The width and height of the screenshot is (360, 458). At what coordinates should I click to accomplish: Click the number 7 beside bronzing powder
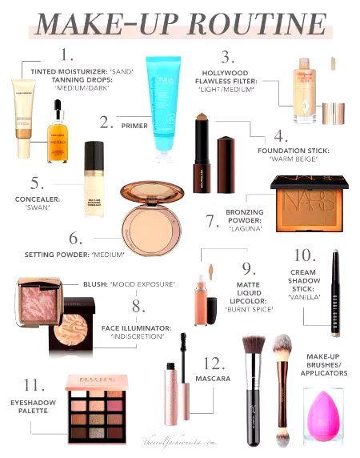[x=212, y=221]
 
